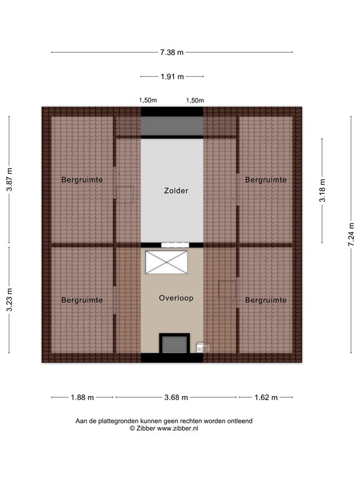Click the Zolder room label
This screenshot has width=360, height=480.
[x=172, y=191]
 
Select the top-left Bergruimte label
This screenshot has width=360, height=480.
[x=82, y=180]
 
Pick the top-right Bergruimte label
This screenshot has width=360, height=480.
[x=266, y=180]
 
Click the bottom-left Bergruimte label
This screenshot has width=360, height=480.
[x=82, y=301]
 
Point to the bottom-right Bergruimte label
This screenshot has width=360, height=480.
[x=266, y=301]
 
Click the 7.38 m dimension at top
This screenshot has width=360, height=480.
[x=172, y=52]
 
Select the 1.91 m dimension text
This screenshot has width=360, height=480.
[x=172, y=77]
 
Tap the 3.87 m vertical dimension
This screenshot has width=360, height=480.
[x=9, y=179]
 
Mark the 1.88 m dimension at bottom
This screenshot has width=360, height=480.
[x=82, y=397]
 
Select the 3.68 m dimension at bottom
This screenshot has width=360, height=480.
[x=176, y=397]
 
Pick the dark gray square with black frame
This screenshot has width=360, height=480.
[x=174, y=344]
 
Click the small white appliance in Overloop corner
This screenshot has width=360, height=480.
[x=202, y=347]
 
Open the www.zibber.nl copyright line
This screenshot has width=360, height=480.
[x=164, y=429]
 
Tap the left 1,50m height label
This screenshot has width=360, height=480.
[x=148, y=101]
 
